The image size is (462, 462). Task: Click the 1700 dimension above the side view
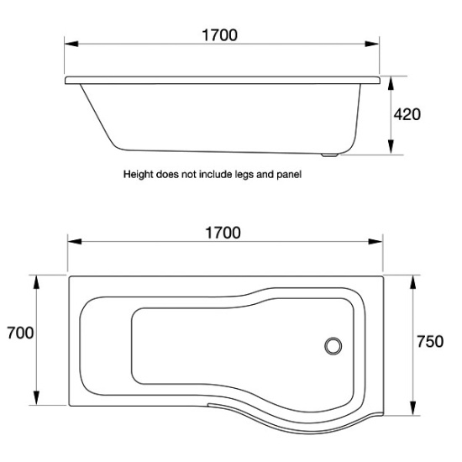coord(219,35)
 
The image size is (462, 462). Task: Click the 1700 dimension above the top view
coord(223,233)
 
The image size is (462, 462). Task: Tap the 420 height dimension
coord(407,114)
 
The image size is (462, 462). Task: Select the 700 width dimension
coord(20,333)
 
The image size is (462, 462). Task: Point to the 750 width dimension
coord(430,342)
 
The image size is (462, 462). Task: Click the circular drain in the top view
coord(333,346)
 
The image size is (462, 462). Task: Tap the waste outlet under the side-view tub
coord(329,155)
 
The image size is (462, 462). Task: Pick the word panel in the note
coord(289,175)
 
